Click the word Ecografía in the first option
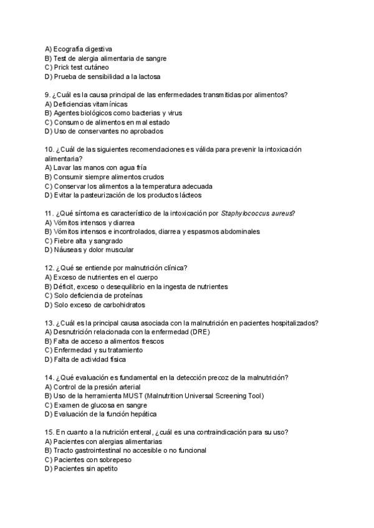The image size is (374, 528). tap(69, 49)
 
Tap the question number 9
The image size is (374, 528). tap(48, 95)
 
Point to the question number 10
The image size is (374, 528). tap(50, 150)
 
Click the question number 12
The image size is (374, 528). tap(50, 268)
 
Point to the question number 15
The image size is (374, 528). tap(50, 432)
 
